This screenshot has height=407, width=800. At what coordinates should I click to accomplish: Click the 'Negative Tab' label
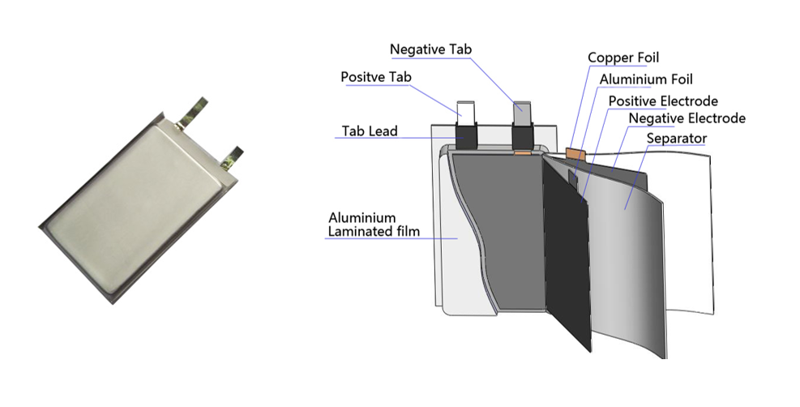[430, 49]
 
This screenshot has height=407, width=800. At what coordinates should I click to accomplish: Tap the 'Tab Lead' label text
[368, 131]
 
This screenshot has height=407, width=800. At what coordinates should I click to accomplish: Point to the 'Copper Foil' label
[623, 58]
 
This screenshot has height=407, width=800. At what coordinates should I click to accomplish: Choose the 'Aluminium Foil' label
[646, 79]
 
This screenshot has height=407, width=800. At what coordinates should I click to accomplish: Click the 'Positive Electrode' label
[663, 101]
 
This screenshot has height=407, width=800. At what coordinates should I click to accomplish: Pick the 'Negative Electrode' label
[687, 119]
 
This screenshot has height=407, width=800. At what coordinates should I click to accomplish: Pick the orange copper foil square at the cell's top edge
[577, 152]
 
